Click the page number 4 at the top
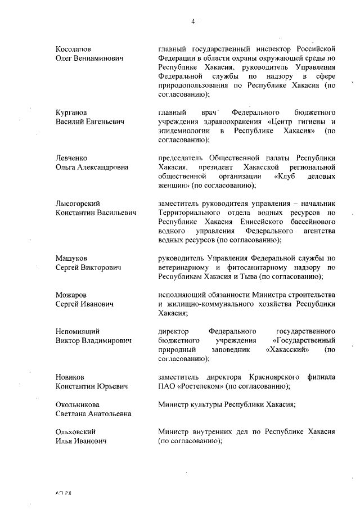point(192,22)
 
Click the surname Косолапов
point(74,49)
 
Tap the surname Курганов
point(71,112)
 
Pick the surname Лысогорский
point(78,204)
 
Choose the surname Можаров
point(71,295)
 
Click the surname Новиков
point(70,377)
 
